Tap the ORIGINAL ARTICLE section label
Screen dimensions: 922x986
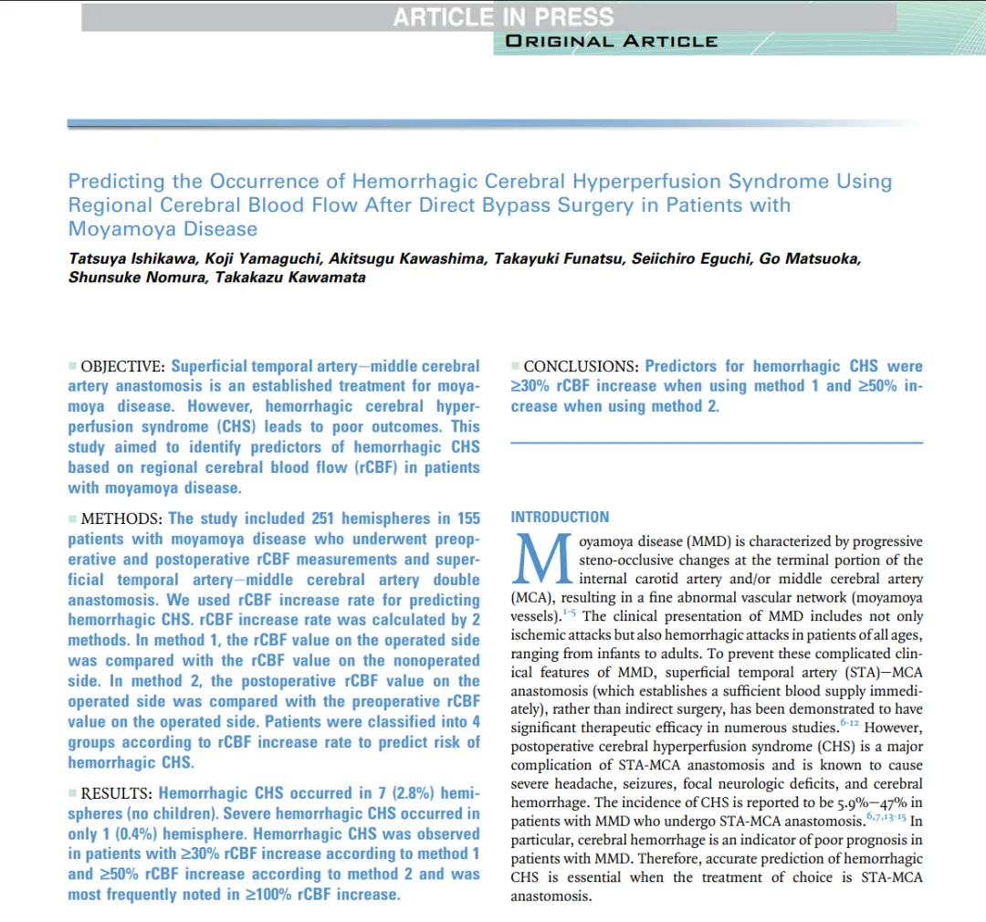[612, 41]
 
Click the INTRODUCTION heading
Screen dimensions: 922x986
[560, 518]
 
